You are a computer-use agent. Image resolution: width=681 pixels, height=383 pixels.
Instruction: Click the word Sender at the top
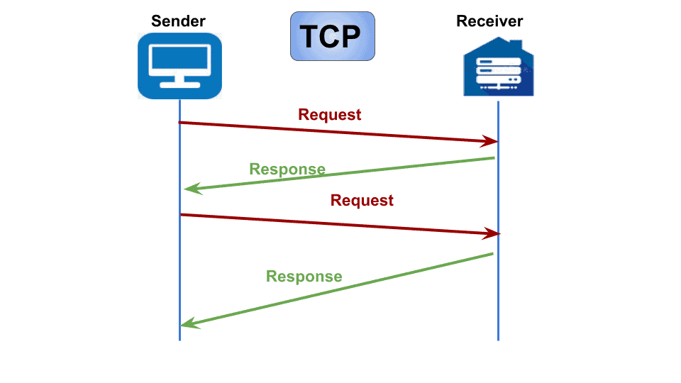click(x=178, y=21)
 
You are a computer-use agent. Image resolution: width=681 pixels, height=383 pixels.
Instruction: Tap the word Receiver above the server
click(x=489, y=21)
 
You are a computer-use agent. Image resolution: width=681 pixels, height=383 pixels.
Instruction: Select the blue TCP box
click(x=332, y=35)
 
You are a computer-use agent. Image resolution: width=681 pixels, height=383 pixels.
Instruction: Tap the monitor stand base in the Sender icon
click(x=179, y=85)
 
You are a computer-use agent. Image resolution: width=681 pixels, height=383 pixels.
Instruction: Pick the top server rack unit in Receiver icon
click(x=499, y=63)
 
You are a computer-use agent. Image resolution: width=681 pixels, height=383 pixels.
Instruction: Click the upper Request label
click(x=329, y=114)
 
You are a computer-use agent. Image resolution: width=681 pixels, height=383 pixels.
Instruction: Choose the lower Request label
click(x=362, y=200)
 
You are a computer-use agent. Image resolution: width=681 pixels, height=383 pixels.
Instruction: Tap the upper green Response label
click(x=287, y=169)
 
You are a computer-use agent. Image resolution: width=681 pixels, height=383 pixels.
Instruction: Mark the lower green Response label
click(x=304, y=276)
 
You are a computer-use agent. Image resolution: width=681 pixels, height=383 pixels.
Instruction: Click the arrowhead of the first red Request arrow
click(x=492, y=141)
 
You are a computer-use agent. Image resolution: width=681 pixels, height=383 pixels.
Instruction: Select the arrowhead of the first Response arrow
click(x=189, y=189)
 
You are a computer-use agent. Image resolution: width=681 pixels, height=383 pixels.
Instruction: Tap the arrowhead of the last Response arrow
click(x=187, y=324)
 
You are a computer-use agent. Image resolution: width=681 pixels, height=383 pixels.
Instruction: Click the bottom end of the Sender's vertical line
click(x=179, y=338)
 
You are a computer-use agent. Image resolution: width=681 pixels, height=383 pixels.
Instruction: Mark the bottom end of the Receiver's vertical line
click(x=498, y=338)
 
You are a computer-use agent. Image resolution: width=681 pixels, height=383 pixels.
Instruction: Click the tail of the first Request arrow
click(x=181, y=123)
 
